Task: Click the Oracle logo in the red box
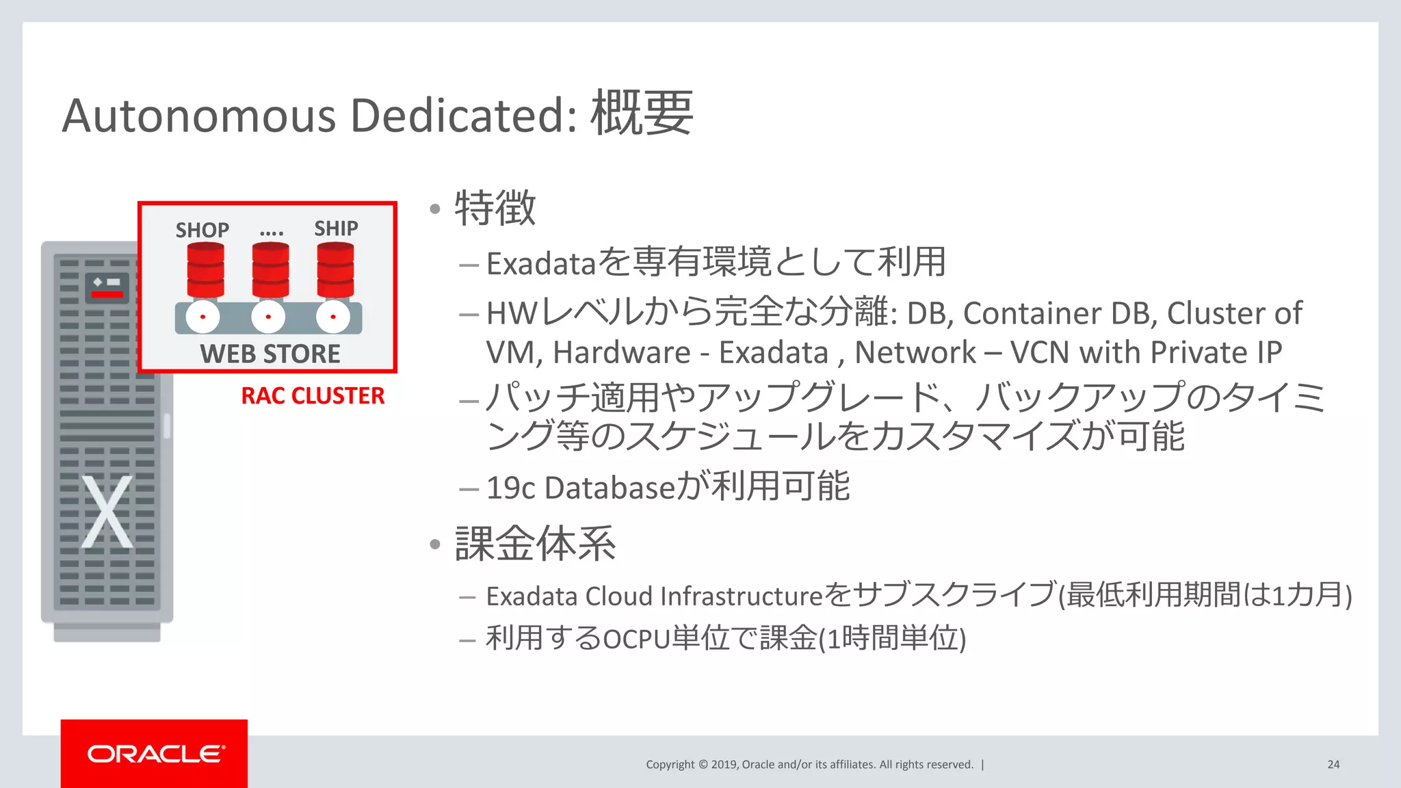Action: pos(156,754)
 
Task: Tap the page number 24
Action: pos(1333,765)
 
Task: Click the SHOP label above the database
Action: pos(202,230)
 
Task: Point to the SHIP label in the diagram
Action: pos(336,228)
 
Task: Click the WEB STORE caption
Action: pos(270,354)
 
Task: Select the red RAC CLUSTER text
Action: pos(313,396)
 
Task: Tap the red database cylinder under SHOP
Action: pos(205,270)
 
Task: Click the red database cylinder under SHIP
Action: pos(335,270)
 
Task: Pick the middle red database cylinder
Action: pos(270,270)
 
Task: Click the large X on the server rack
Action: pos(107,512)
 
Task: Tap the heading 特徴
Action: pos(495,208)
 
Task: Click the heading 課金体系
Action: pos(535,544)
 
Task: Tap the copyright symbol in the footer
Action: pos(703,765)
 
